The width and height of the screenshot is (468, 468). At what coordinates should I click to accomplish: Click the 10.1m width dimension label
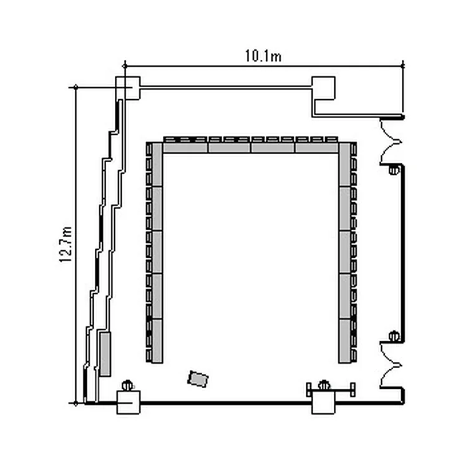click(x=263, y=56)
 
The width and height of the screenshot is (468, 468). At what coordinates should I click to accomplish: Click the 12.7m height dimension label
click(x=66, y=245)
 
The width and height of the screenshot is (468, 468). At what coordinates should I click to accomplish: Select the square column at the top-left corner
click(x=128, y=88)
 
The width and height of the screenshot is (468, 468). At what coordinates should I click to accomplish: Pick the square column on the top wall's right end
click(x=323, y=88)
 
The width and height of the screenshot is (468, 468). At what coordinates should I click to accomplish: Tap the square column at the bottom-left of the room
click(x=129, y=402)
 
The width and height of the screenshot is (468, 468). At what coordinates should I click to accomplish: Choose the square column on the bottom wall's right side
click(x=323, y=402)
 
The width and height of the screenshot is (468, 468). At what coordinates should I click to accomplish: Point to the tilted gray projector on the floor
click(x=198, y=379)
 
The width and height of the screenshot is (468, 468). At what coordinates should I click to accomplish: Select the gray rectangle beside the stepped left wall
click(x=105, y=354)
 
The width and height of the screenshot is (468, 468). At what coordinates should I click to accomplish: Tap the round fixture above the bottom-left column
click(x=127, y=386)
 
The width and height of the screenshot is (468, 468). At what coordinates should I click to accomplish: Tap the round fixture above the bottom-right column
click(x=324, y=386)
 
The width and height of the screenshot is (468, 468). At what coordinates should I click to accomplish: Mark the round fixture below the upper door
click(x=394, y=170)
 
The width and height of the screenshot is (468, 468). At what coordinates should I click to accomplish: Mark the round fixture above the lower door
click(x=394, y=336)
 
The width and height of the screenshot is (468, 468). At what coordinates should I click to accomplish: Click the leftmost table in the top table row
click(x=185, y=148)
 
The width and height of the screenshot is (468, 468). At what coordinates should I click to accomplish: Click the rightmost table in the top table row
click(x=316, y=148)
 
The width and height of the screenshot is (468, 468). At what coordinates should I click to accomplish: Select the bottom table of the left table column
click(x=157, y=341)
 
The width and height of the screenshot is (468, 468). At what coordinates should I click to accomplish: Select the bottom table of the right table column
click(x=344, y=341)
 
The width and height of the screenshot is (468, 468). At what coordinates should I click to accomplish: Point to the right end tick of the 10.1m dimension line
click(x=402, y=66)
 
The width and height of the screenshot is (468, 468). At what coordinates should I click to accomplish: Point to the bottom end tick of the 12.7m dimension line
click(x=76, y=404)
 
